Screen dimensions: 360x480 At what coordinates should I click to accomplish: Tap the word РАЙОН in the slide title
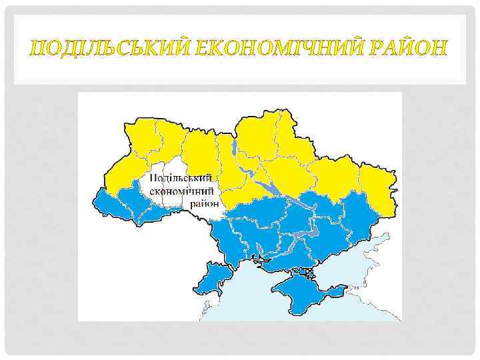(408, 48)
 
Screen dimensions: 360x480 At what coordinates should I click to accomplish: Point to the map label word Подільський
(181, 179)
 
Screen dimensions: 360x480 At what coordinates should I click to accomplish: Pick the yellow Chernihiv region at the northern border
(257, 137)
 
